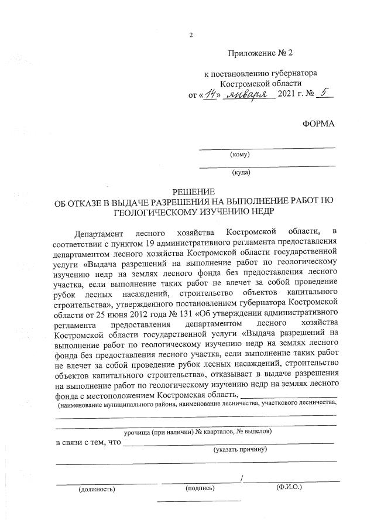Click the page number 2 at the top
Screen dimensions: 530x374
tap(191, 35)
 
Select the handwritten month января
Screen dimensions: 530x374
tap(250, 94)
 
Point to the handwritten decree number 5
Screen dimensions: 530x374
tap(325, 94)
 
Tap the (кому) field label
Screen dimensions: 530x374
tap(240, 155)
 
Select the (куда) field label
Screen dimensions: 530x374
tap(241, 173)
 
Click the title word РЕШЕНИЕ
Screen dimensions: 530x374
tap(194, 192)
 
